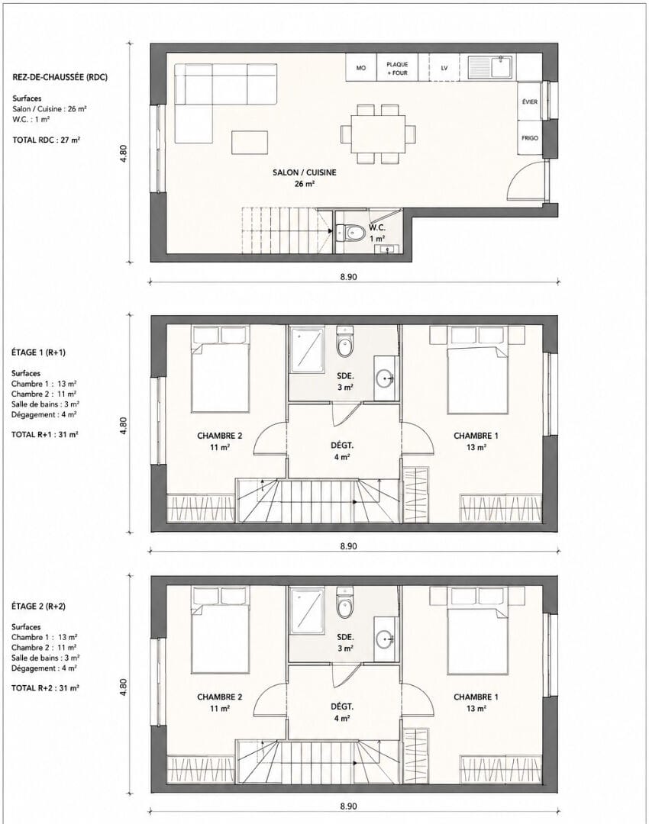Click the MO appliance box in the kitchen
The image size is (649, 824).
tap(361, 67)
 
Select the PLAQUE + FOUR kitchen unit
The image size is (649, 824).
tap(397, 67)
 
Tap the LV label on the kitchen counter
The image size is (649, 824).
tap(444, 68)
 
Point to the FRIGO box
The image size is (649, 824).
tap(530, 137)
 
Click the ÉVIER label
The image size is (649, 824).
tap(530, 102)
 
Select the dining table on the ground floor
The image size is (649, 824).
tap(378, 134)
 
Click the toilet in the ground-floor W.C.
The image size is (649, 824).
tap(350, 232)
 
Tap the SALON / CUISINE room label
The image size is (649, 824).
tap(304, 172)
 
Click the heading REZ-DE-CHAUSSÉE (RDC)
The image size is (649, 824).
tap(60, 77)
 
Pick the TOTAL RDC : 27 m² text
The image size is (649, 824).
tap(46, 140)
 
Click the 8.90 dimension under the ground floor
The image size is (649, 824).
tap(348, 276)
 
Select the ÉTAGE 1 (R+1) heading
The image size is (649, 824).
tap(38, 352)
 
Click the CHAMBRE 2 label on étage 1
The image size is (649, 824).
tap(219, 436)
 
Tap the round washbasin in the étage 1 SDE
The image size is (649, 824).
tap(386, 377)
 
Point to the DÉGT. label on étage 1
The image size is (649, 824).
tap(342, 446)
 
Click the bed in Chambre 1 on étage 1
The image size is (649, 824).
tap(477, 379)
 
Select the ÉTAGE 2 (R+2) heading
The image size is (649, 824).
tap(38, 606)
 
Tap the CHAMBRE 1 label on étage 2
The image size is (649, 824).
tap(476, 697)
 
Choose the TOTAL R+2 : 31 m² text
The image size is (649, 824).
tap(45, 688)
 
